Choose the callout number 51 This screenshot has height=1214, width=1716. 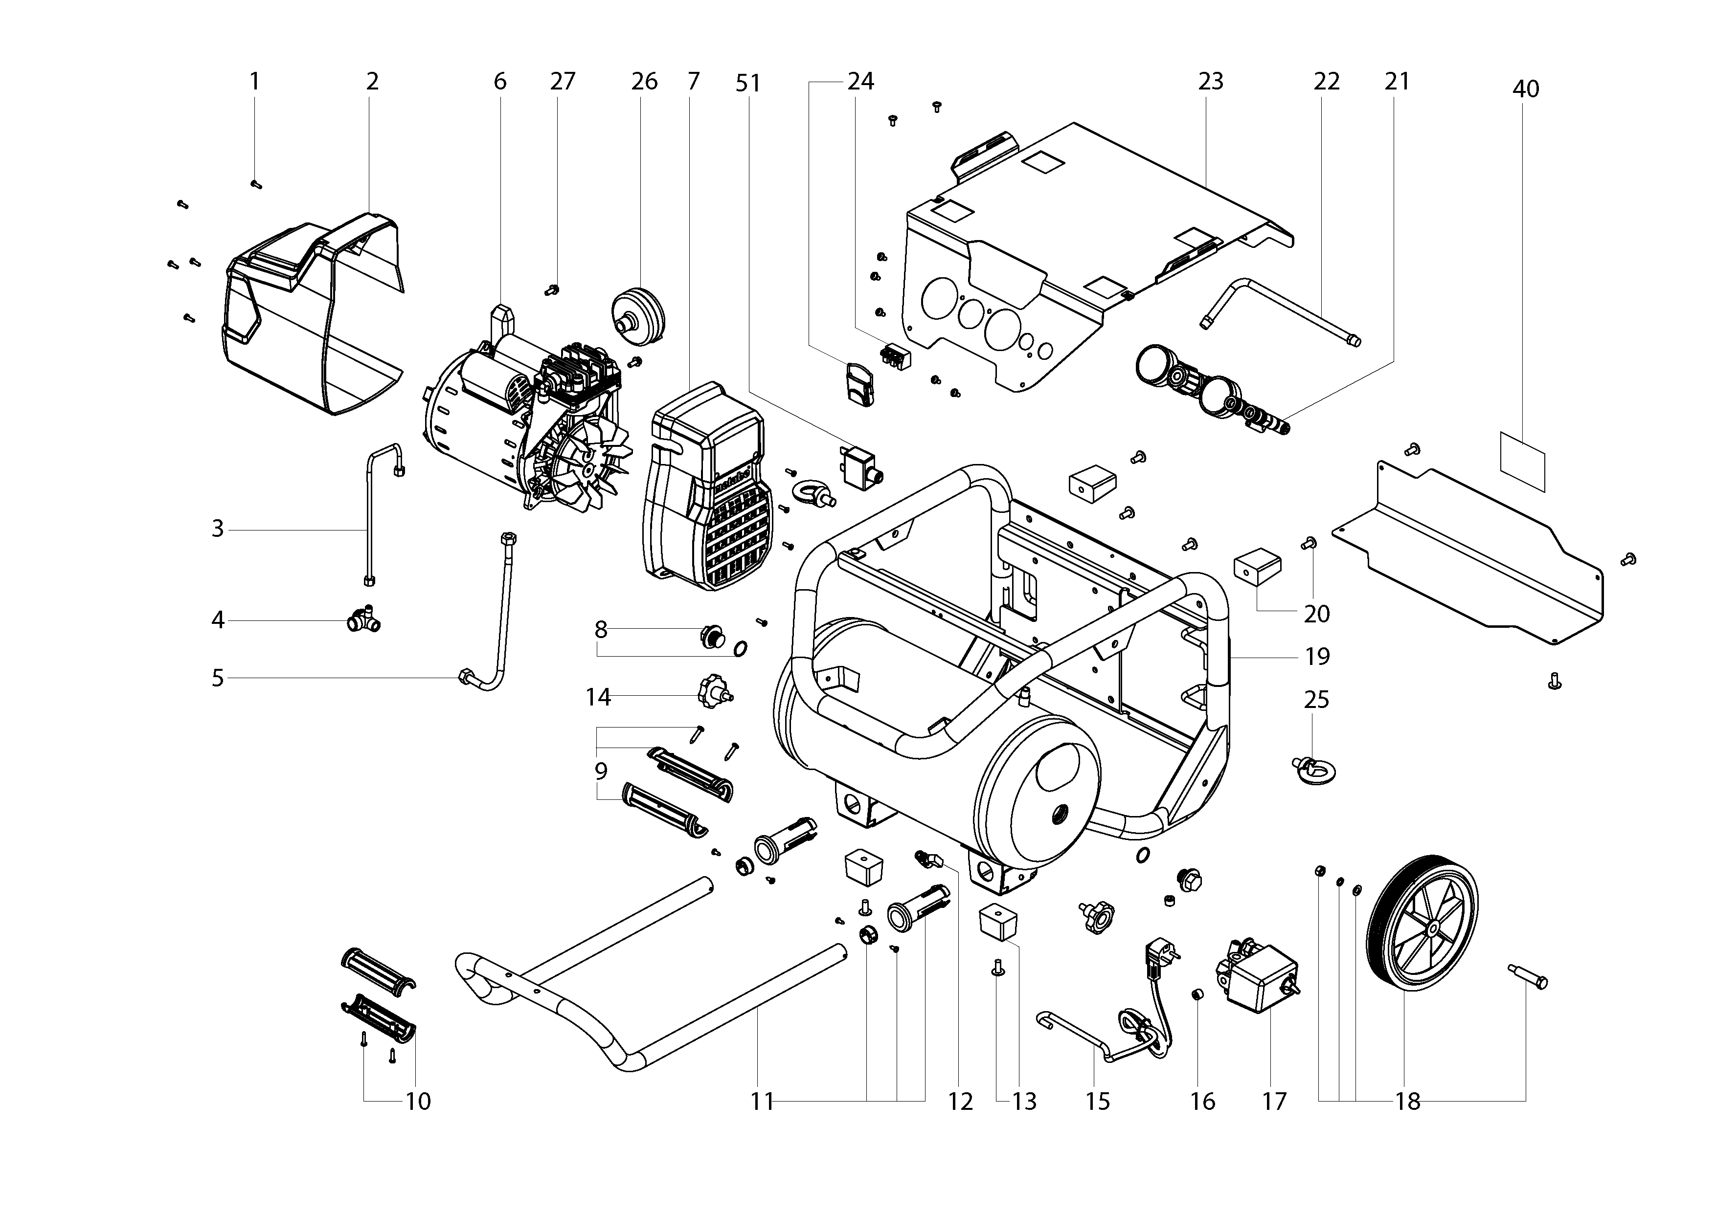coord(748,83)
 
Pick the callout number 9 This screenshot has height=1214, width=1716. coord(601,771)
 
